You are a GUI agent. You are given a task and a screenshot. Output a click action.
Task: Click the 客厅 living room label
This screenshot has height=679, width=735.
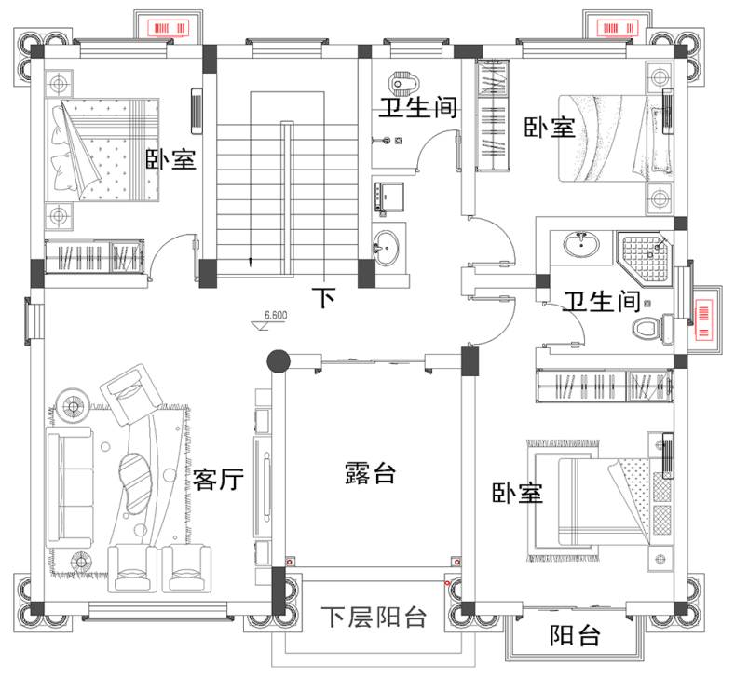point(219,480)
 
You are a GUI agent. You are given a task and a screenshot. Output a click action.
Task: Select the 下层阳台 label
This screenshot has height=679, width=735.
point(374,617)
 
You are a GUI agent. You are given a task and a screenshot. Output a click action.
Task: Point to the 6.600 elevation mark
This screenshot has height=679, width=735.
point(275,316)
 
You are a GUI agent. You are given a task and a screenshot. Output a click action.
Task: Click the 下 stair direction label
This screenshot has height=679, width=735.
point(322,298)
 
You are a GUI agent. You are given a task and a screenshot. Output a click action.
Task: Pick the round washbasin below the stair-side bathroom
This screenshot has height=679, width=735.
point(388,247)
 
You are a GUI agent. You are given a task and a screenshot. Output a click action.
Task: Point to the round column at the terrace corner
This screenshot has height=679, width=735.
point(278,360)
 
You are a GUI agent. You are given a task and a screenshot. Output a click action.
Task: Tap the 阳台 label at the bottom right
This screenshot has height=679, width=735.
point(574,637)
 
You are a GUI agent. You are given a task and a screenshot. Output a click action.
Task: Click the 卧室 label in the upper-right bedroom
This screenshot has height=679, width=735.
point(549,128)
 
